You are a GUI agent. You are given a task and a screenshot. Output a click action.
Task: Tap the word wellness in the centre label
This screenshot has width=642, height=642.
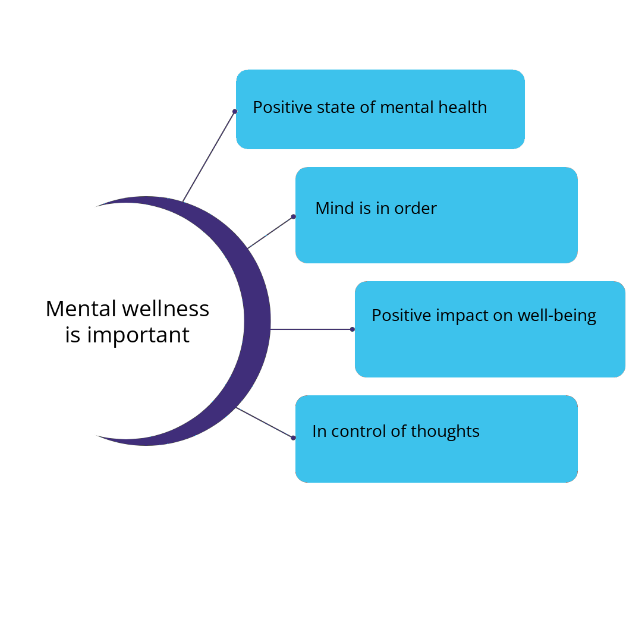(x=166, y=309)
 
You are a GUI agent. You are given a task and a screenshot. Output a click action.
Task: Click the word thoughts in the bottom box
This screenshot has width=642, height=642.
(x=445, y=431)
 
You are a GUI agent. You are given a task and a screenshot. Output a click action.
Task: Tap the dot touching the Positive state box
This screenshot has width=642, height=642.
(x=235, y=111)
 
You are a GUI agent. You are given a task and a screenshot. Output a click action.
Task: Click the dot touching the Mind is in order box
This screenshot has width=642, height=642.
(x=293, y=216)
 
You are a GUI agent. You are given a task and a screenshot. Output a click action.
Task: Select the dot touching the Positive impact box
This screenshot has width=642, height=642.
(x=353, y=329)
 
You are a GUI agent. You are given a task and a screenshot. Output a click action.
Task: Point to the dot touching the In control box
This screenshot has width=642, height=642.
(x=293, y=438)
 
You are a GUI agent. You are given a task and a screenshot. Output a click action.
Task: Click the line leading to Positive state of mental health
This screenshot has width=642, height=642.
(x=208, y=157)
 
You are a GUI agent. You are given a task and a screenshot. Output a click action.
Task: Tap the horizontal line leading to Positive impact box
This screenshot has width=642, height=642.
(x=310, y=329)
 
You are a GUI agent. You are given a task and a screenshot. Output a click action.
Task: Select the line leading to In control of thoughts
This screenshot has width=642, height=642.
(x=265, y=423)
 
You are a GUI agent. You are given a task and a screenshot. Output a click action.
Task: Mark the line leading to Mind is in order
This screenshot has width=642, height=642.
(x=270, y=232)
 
